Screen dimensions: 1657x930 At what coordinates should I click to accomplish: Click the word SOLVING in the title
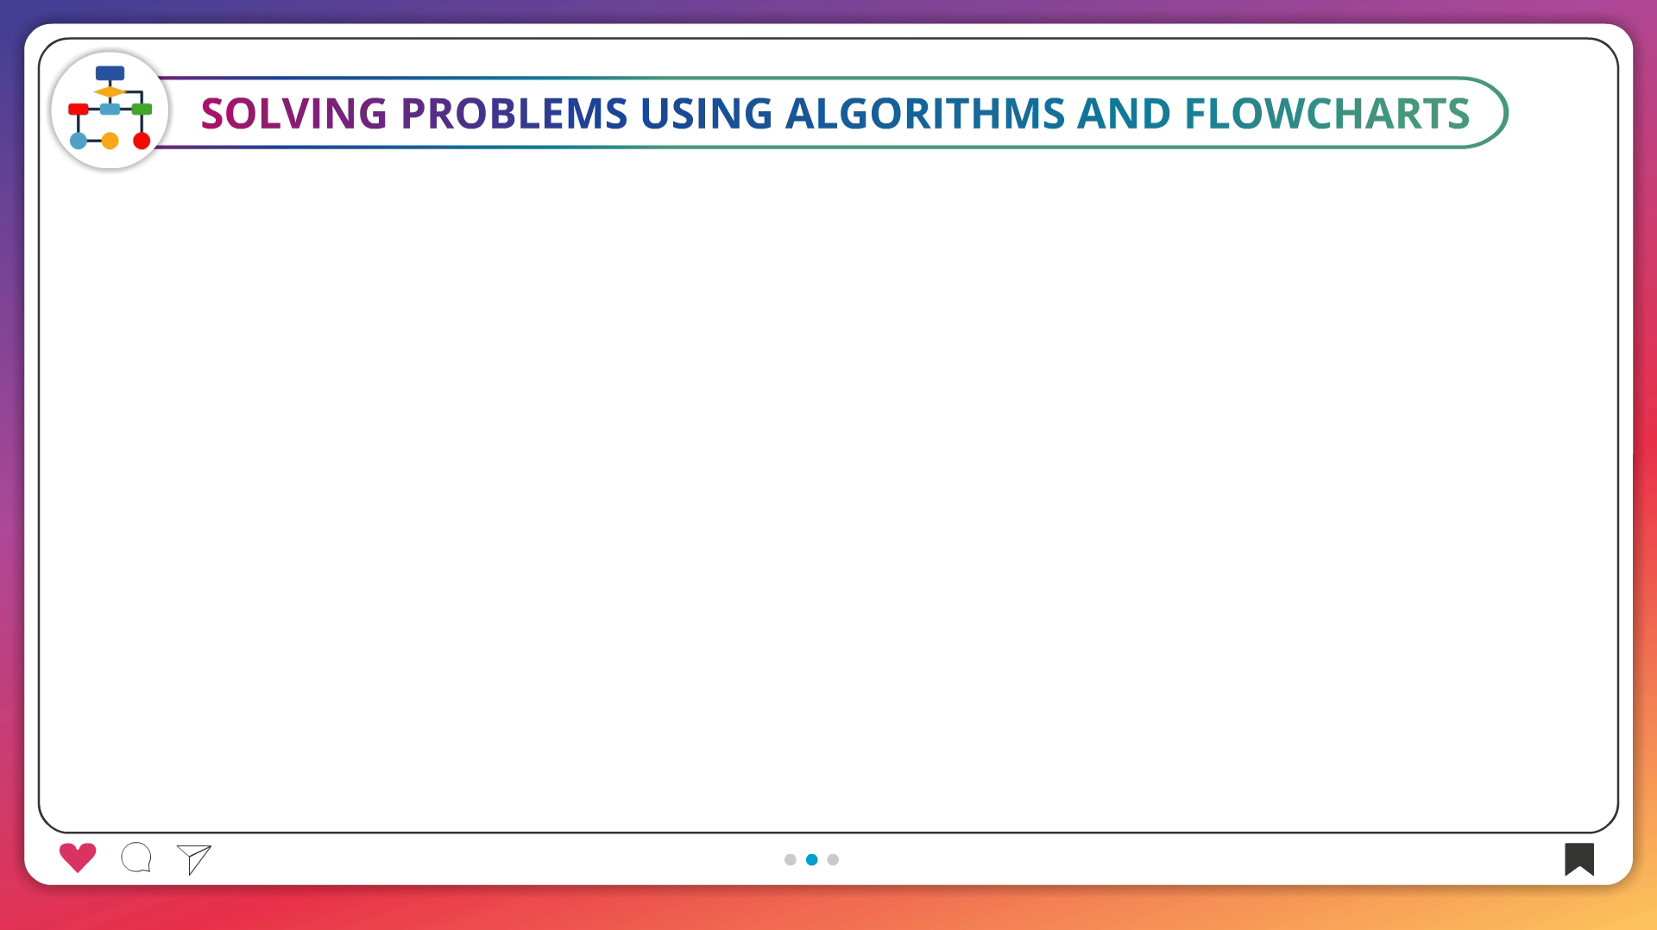294,113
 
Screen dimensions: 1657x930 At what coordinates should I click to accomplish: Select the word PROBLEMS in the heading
514,113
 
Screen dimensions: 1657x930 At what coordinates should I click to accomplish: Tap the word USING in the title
706,113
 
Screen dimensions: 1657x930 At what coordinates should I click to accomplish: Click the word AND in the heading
1125,113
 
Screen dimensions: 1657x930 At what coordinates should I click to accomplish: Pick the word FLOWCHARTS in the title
1327,113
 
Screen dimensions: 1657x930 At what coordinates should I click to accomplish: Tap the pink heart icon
78,858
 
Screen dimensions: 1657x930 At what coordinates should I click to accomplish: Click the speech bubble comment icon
136,858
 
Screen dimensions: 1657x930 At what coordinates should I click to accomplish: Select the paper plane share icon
194,859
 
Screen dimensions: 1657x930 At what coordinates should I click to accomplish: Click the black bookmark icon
1579,858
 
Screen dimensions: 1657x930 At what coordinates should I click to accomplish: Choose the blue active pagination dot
811,859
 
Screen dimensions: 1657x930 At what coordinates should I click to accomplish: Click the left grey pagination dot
790,859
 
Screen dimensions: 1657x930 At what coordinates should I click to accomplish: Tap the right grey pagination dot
833,859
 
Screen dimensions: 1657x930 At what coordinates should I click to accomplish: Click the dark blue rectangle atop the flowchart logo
110,73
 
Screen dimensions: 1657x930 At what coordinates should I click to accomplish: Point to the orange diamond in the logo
110,91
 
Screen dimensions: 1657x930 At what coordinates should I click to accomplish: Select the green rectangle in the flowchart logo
142,110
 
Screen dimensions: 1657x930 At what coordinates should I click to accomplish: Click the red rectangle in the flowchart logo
79,110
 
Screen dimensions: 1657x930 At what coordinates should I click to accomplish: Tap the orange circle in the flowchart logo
110,141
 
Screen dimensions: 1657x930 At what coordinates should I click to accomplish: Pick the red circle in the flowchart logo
142,141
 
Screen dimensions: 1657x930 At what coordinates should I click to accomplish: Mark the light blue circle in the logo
79,141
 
